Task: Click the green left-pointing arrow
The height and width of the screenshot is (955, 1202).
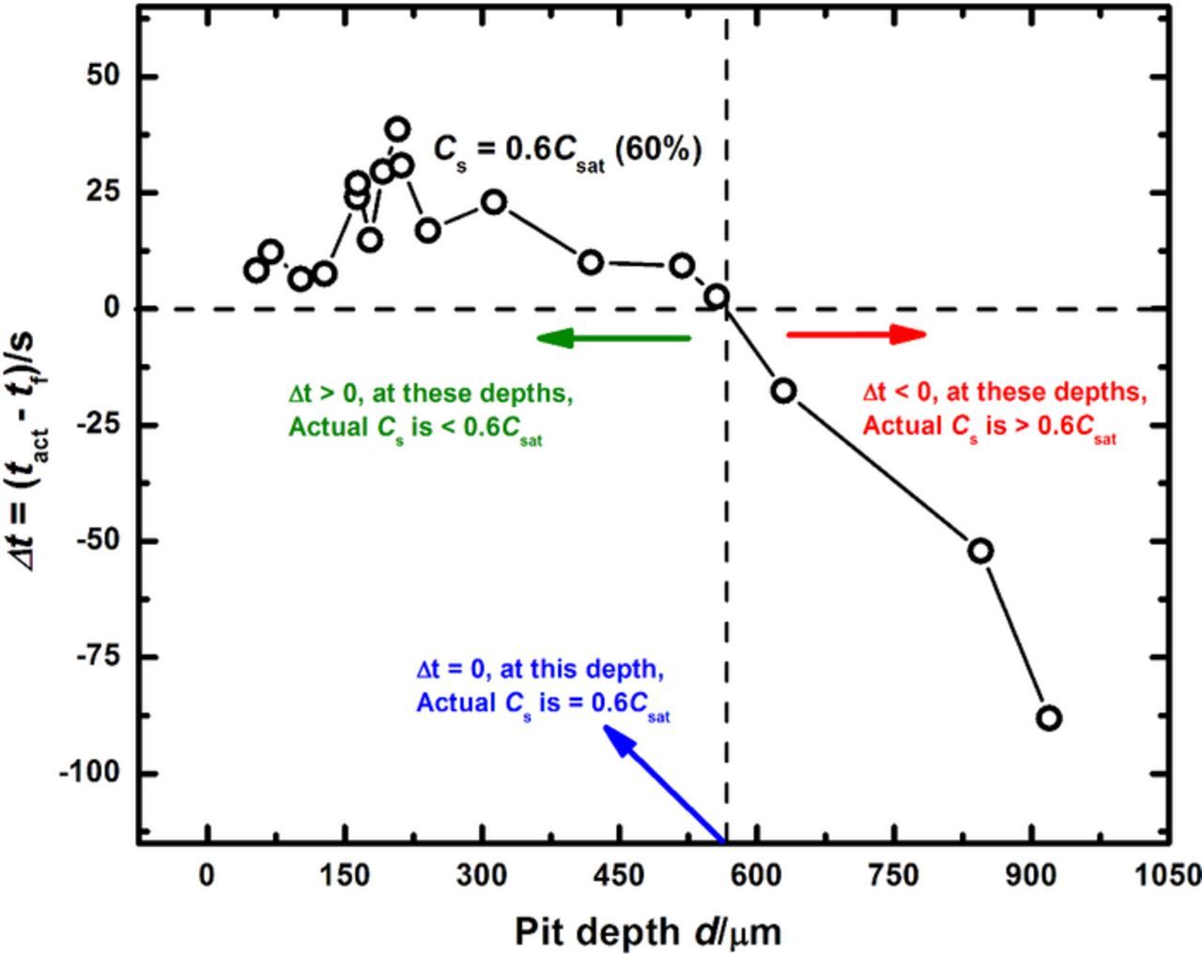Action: point(612,338)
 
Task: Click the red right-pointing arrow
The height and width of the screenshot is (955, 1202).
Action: point(855,334)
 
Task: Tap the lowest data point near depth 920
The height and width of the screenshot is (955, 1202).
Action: point(1049,718)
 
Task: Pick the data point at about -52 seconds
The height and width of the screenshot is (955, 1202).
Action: point(980,551)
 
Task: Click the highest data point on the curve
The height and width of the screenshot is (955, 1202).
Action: point(397,130)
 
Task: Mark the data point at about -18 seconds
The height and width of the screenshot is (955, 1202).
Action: point(784,391)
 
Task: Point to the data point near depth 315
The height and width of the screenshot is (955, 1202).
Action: point(494,202)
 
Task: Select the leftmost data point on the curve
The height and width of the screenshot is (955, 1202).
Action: point(255,270)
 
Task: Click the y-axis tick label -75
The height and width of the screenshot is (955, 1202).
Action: point(100,656)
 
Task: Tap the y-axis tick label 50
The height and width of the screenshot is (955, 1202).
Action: point(104,76)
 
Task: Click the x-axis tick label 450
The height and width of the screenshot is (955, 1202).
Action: point(619,875)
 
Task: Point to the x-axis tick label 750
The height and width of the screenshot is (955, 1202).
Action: point(893,875)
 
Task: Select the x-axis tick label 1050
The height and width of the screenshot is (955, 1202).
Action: point(1169,875)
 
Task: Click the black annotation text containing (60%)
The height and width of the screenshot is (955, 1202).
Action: point(567,150)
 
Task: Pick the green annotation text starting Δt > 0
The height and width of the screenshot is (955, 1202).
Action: point(430,410)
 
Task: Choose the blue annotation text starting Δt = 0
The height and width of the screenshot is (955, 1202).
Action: point(542,686)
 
